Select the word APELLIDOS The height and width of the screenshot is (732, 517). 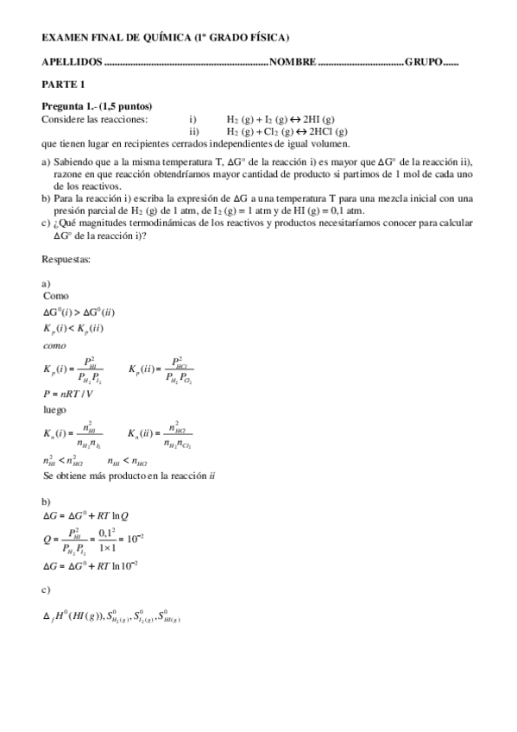(x=71, y=62)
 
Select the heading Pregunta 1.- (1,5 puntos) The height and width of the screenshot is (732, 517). (x=98, y=106)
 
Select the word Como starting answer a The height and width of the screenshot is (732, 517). (x=55, y=295)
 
